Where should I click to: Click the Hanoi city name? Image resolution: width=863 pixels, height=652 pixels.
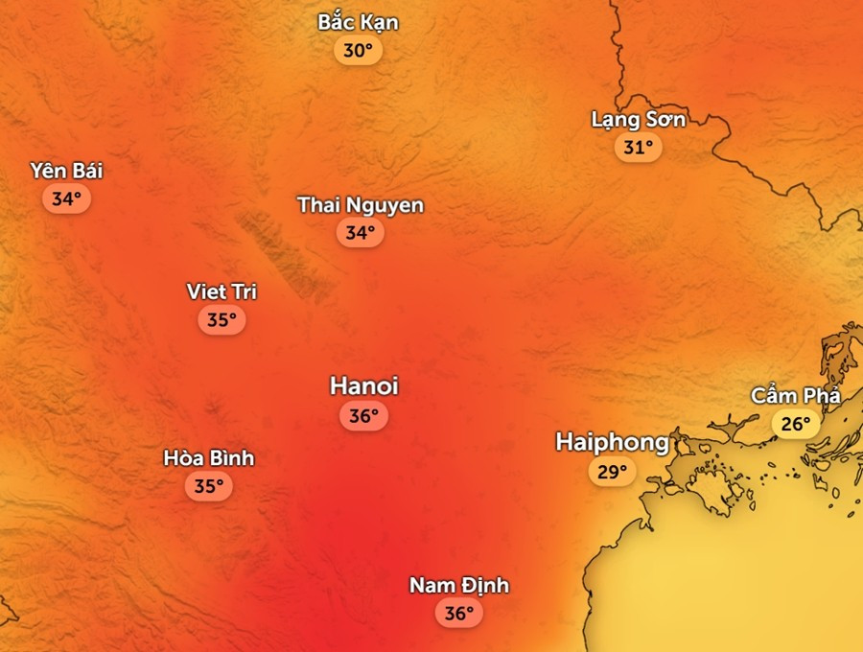click(x=363, y=385)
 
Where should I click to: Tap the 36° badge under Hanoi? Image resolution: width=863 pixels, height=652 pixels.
click(x=363, y=416)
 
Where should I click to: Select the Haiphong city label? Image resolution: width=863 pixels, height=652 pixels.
click(x=612, y=442)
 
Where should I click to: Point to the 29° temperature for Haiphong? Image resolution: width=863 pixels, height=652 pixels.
click(x=612, y=472)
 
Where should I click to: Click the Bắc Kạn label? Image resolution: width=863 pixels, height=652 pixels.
click(x=358, y=22)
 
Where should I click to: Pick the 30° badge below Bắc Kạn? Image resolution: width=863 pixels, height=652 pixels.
click(x=358, y=51)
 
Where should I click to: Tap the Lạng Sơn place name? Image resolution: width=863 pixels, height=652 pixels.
click(x=639, y=120)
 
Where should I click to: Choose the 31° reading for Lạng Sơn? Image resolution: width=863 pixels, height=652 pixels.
click(x=639, y=148)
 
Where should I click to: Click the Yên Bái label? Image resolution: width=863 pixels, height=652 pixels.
click(x=66, y=171)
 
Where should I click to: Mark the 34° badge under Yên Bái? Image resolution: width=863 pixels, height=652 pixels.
click(x=66, y=199)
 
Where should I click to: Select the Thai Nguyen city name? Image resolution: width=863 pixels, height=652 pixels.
click(x=361, y=204)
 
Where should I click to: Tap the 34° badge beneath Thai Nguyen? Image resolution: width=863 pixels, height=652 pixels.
click(x=361, y=232)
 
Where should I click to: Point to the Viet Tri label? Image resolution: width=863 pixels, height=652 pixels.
click(x=222, y=291)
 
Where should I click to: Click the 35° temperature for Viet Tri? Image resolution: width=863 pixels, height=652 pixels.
click(x=222, y=320)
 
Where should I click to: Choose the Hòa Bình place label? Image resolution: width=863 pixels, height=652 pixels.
click(x=209, y=458)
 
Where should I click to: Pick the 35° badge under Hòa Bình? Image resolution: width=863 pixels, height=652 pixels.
click(x=209, y=486)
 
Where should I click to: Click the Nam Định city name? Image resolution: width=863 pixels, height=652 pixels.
click(x=459, y=585)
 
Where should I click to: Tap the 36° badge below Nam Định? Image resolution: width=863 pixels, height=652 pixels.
click(x=459, y=613)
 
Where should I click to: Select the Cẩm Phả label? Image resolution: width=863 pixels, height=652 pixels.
click(x=796, y=395)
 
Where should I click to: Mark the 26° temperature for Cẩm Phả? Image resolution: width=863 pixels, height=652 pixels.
click(x=796, y=423)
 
